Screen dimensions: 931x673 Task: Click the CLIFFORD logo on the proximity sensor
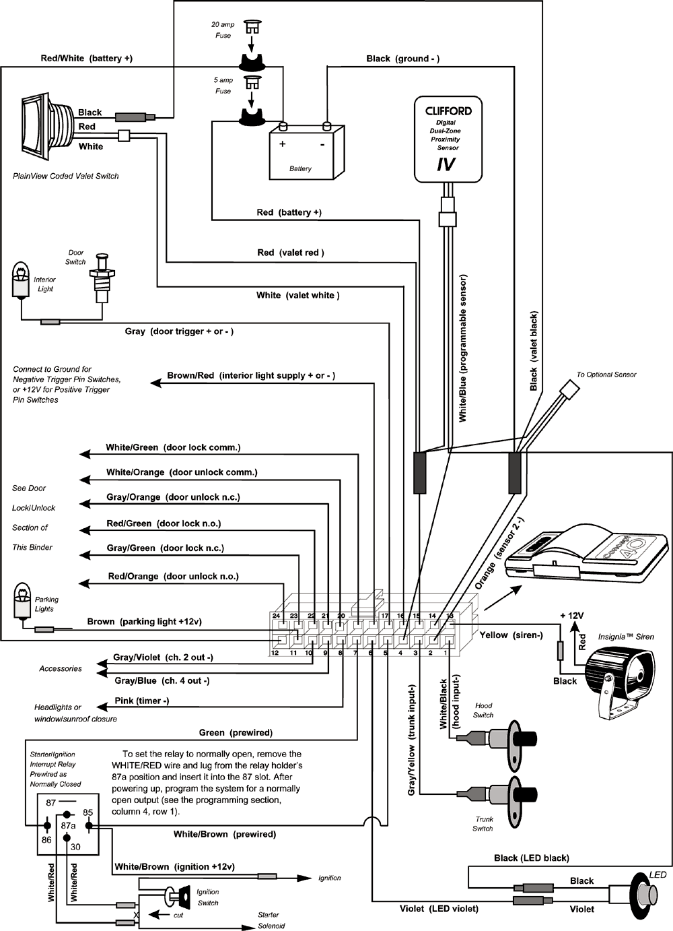click(448, 111)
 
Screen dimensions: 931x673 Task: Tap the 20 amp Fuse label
click(223, 30)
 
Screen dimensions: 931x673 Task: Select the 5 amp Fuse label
click(223, 86)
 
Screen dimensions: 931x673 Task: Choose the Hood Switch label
click(483, 710)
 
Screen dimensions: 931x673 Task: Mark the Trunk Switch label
click(483, 824)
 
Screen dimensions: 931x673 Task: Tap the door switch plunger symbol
click(102, 276)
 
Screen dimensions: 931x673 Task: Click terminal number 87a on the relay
click(68, 825)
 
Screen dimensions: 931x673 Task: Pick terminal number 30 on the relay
click(75, 847)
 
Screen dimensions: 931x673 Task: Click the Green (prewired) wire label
click(236, 732)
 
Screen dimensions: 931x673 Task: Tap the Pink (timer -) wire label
click(141, 701)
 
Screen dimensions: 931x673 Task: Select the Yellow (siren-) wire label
click(511, 635)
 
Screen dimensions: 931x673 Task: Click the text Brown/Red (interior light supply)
click(250, 375)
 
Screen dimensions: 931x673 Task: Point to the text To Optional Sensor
click(606, 375)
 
